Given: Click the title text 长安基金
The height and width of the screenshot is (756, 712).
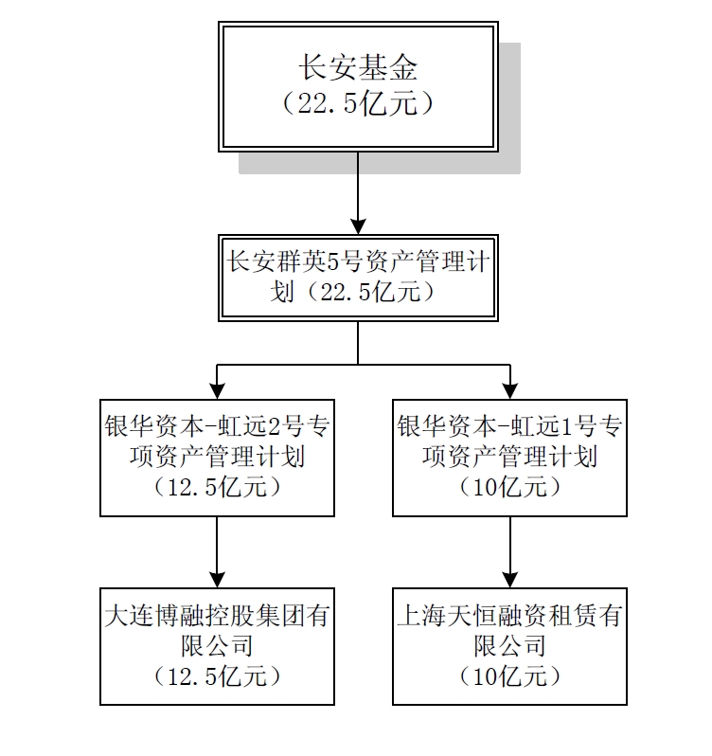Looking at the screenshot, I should [x=357, y=68].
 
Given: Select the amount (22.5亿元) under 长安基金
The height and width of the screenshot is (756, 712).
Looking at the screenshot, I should [x=357, y=102].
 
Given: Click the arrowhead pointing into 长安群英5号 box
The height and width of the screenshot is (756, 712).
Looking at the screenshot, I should [x=358, y=226].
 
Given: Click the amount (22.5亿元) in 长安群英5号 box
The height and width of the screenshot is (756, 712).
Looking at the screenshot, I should [x=365, y=292].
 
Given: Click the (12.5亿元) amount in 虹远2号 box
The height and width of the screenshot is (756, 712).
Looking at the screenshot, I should [x=217, y=488].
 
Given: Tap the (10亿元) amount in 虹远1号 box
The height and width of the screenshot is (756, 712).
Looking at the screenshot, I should [x=509, y=488].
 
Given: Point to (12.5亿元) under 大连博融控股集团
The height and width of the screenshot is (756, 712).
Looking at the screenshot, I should [x=217, y=676].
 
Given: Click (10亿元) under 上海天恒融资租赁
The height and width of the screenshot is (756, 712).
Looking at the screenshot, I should [x=509, y=676].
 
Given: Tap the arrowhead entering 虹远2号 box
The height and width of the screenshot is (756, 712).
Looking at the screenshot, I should [x=217, y=390].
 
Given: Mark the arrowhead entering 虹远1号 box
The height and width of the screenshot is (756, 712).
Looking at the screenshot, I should [x=510, y=390].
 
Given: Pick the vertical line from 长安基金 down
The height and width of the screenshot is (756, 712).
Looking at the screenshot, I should [x=358, y=185].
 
